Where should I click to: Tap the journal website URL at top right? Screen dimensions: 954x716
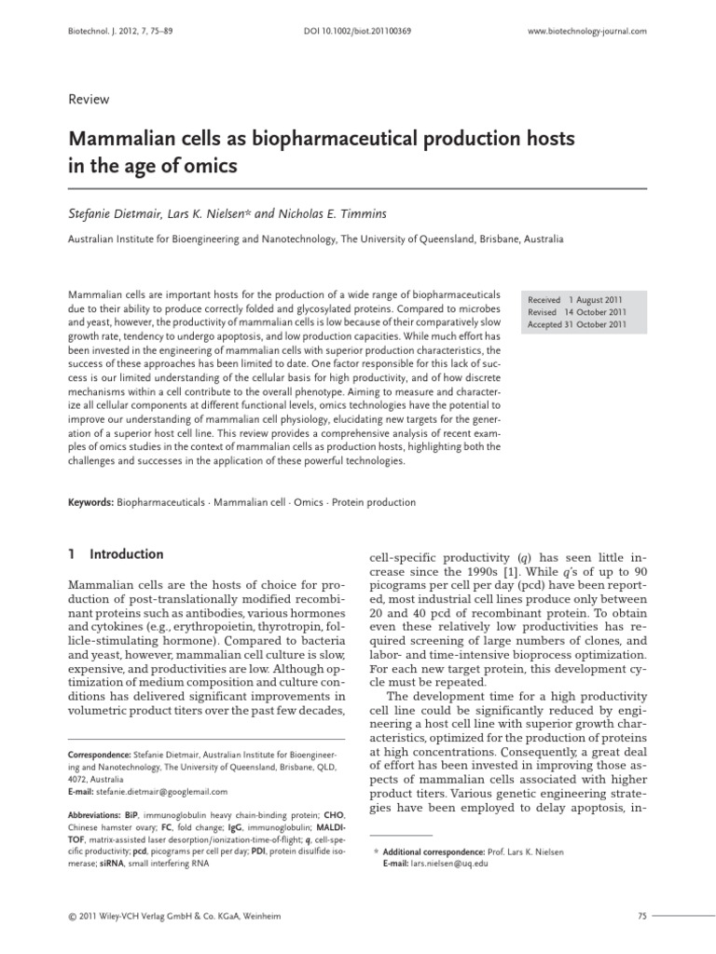[587, 31]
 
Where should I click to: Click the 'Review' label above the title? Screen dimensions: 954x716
[89, 100]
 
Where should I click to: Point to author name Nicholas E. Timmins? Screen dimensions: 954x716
[319, 213]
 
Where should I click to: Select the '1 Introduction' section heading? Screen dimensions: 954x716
[117, 553]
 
